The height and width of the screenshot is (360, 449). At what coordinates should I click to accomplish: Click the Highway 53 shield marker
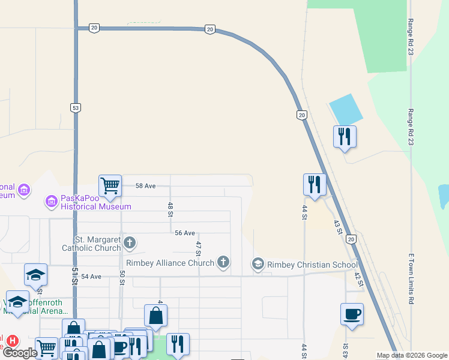(75, 108)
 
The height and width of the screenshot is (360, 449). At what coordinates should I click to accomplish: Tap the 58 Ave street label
(145, 186)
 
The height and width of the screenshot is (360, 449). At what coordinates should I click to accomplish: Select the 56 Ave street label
(185, 233)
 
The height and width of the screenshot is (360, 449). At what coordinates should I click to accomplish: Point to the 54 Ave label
(92, 277)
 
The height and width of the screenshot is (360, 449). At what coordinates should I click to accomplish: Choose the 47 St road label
(197, 248)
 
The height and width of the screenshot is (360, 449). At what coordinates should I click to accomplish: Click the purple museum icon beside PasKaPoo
(51, 200)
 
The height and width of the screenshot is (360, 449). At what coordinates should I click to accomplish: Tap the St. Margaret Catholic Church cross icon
(130, 243)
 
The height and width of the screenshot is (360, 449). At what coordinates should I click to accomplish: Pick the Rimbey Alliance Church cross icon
(223, 262)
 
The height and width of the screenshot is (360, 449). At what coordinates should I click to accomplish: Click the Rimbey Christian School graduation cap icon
(258, 264)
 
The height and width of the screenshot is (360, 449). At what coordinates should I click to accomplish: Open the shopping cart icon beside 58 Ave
(110, 186)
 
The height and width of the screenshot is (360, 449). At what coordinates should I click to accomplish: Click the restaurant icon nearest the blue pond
(345, 136)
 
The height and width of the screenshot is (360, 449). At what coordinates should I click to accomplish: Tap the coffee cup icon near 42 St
(352, 314)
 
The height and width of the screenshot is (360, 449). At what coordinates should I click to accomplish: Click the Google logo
(20, 353)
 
